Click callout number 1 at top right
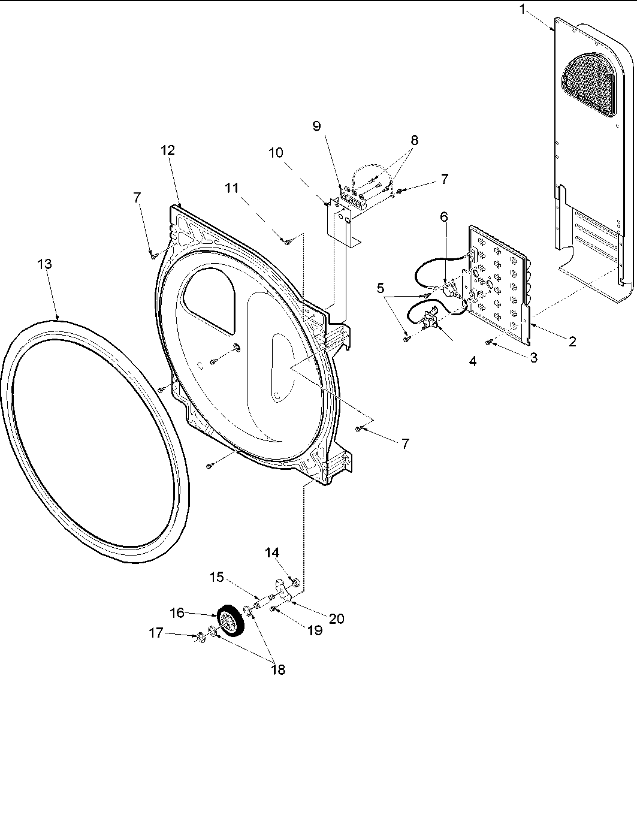point(524,10)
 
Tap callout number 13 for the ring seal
point(44,264)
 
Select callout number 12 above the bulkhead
point(168,150)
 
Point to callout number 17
point(156,632)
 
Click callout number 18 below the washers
point(277,669)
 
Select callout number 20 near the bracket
point(337,618)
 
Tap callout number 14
point(273,552)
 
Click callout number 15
point(218,577)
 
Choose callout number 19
point(315,630)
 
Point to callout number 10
point(276,153)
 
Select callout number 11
point(232,188)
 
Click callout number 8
point(413,140)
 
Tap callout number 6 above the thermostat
point(444,216)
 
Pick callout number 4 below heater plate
point(473,362)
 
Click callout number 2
point(572,342)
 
